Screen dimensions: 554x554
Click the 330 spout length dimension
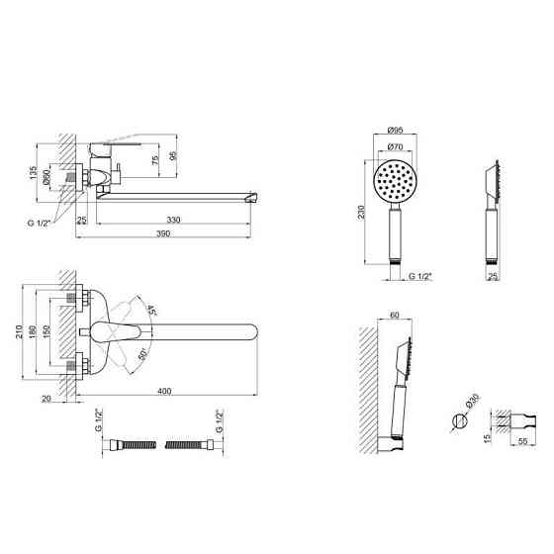pos(173,220)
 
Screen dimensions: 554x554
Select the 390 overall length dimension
pos(163,233)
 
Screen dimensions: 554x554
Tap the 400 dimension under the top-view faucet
pos(164,391)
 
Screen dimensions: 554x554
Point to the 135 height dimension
pos(34,173)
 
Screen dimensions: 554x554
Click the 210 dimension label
pos(20,331)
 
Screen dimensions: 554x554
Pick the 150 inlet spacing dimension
pos(46,331)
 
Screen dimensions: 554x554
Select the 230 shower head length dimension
pos(361,213)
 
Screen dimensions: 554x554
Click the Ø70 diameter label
pos(395,146)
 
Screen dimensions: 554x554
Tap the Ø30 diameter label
pos(472,402)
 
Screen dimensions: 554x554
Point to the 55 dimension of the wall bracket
pos(523,441)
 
